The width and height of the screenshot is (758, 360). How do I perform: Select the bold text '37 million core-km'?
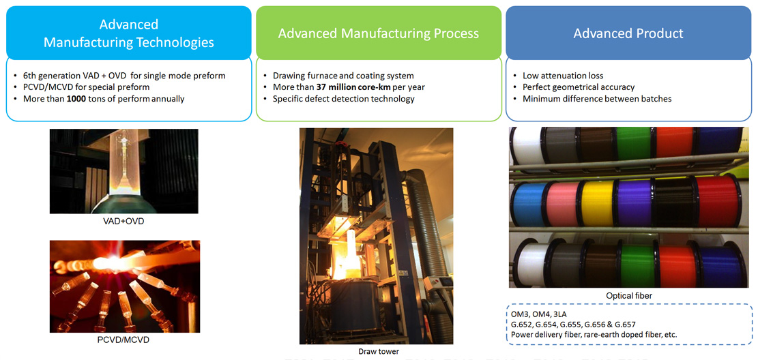(350, 87)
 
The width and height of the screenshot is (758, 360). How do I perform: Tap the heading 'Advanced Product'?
(628, 33)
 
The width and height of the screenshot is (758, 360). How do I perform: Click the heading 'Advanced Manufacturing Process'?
(379, 33)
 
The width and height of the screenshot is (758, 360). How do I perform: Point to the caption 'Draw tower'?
(376, 351)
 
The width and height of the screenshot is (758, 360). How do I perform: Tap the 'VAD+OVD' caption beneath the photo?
(123, 221)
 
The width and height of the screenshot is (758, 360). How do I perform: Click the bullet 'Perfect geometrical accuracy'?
(579, 87)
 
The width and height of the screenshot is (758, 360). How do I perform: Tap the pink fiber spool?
(562, 203)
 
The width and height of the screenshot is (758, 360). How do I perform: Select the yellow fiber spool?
(598, 203)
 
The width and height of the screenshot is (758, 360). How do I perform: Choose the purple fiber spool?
(633, 203)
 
